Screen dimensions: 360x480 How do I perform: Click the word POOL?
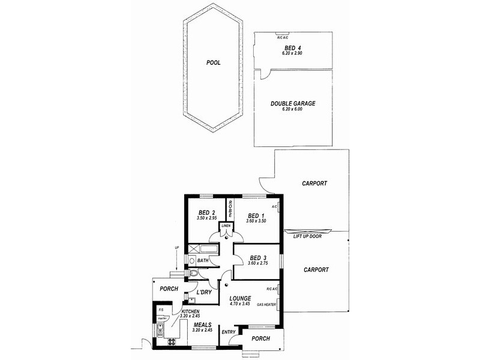click(x=213, y=62)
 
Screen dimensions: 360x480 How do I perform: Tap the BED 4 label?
click(x=293, y=47)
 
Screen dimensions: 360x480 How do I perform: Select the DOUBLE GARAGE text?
click(x=293, y=103)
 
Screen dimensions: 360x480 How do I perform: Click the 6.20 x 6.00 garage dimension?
click(x=293, y=110)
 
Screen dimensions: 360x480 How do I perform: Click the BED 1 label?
click(x=255, y=215)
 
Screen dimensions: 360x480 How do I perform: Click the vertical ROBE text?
click(x=229, y=209)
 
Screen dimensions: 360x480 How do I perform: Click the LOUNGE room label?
click(x=240, y=298)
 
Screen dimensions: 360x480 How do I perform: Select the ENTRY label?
click(x=229, y=332)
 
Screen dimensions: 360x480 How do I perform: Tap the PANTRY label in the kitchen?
click(x=161, y=319)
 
